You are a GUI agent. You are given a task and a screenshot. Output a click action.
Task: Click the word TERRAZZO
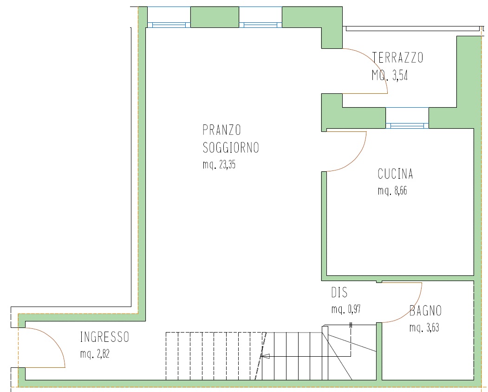(x=398, y=58)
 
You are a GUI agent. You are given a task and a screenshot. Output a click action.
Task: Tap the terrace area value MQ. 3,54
(x=390, y=75)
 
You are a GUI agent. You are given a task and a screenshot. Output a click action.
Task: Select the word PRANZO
(x=221, y=130)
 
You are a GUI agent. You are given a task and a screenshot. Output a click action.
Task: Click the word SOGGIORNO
(x=231, y=148)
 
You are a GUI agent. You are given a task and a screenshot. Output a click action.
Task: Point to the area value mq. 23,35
(x=219, y=164)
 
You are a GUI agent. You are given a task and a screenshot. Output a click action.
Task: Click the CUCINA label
(x=395, y=174)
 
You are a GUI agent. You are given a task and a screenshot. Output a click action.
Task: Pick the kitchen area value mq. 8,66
(x=392, y=190)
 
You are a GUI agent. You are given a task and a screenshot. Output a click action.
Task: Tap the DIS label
(x=339, y=293)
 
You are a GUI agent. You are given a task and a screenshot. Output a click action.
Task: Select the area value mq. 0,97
(x=346, y=309)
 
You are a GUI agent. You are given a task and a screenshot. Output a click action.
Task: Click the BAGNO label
(x=425, y=311)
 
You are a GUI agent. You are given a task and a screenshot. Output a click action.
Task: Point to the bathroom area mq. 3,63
(x=424, y=327)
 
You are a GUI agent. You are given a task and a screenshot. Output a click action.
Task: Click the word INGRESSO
(x=104, y=337)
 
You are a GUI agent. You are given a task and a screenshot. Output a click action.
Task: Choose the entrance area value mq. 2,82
(x=95, y=354)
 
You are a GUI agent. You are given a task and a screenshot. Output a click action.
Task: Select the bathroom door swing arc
(x=411, y=311)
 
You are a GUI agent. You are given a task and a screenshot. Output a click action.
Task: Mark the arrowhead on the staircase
(x=266, y=356)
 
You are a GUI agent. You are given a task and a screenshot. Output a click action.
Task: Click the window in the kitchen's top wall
(x=407, y=118)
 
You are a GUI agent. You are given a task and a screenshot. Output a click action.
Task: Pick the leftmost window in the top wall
(x=169, y=17)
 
